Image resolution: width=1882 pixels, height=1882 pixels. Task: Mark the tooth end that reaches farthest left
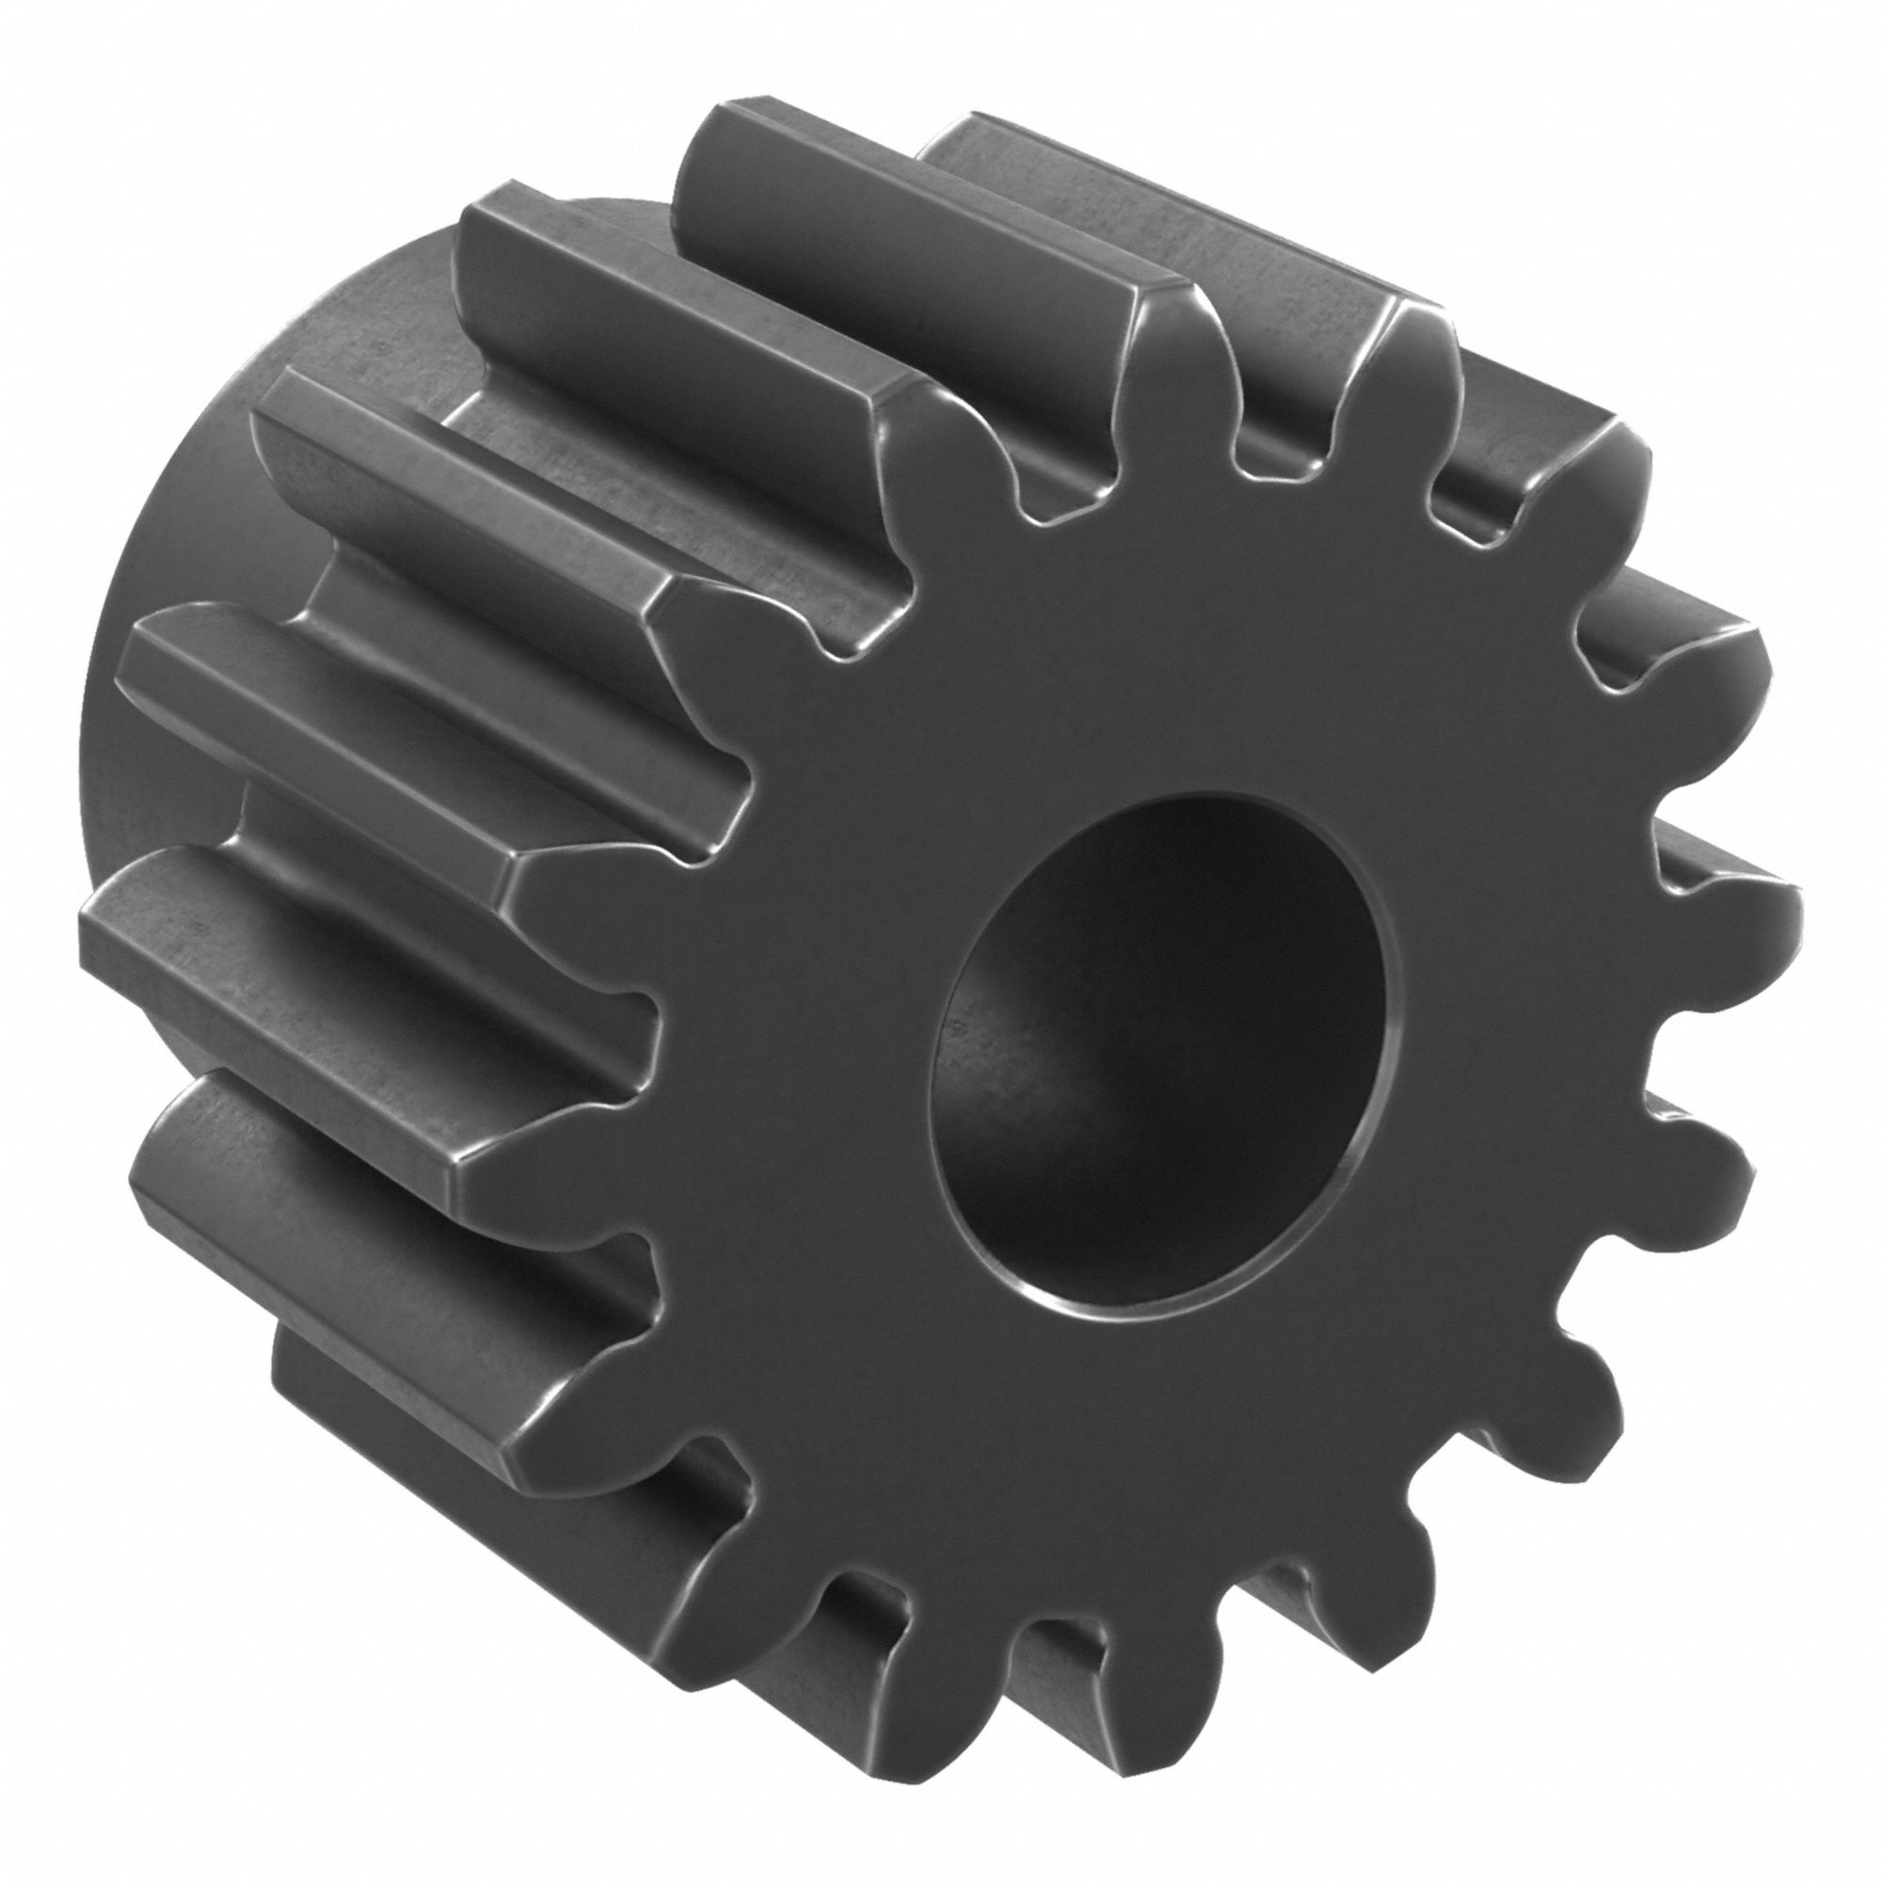[x=107, y=925]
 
